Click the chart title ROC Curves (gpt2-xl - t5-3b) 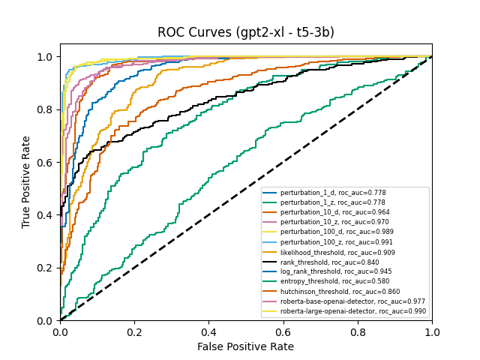coord(245,32)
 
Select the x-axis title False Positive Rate coord(245,346)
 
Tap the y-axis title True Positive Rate coord(26,182)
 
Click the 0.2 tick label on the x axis coord(134,331)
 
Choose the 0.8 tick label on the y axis coord(45,109)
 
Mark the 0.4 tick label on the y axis coord(45,215)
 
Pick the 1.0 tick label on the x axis coord(431,331)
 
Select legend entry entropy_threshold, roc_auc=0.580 coord(340,281)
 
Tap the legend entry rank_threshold coord(334,262)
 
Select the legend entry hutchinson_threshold coord(341,292)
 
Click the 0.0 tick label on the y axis coord(45,321)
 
